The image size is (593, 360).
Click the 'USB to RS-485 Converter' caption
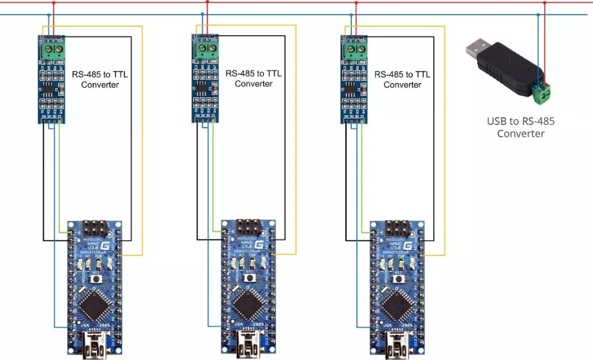(520, 127)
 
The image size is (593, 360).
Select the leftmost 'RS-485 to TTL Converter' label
(100, 80)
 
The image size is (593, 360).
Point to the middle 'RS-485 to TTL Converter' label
(254, 78)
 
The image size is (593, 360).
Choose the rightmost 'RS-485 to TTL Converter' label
(403, 80)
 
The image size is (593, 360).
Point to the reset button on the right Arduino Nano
(397, 279)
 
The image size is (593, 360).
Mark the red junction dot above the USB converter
(545, 3)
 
